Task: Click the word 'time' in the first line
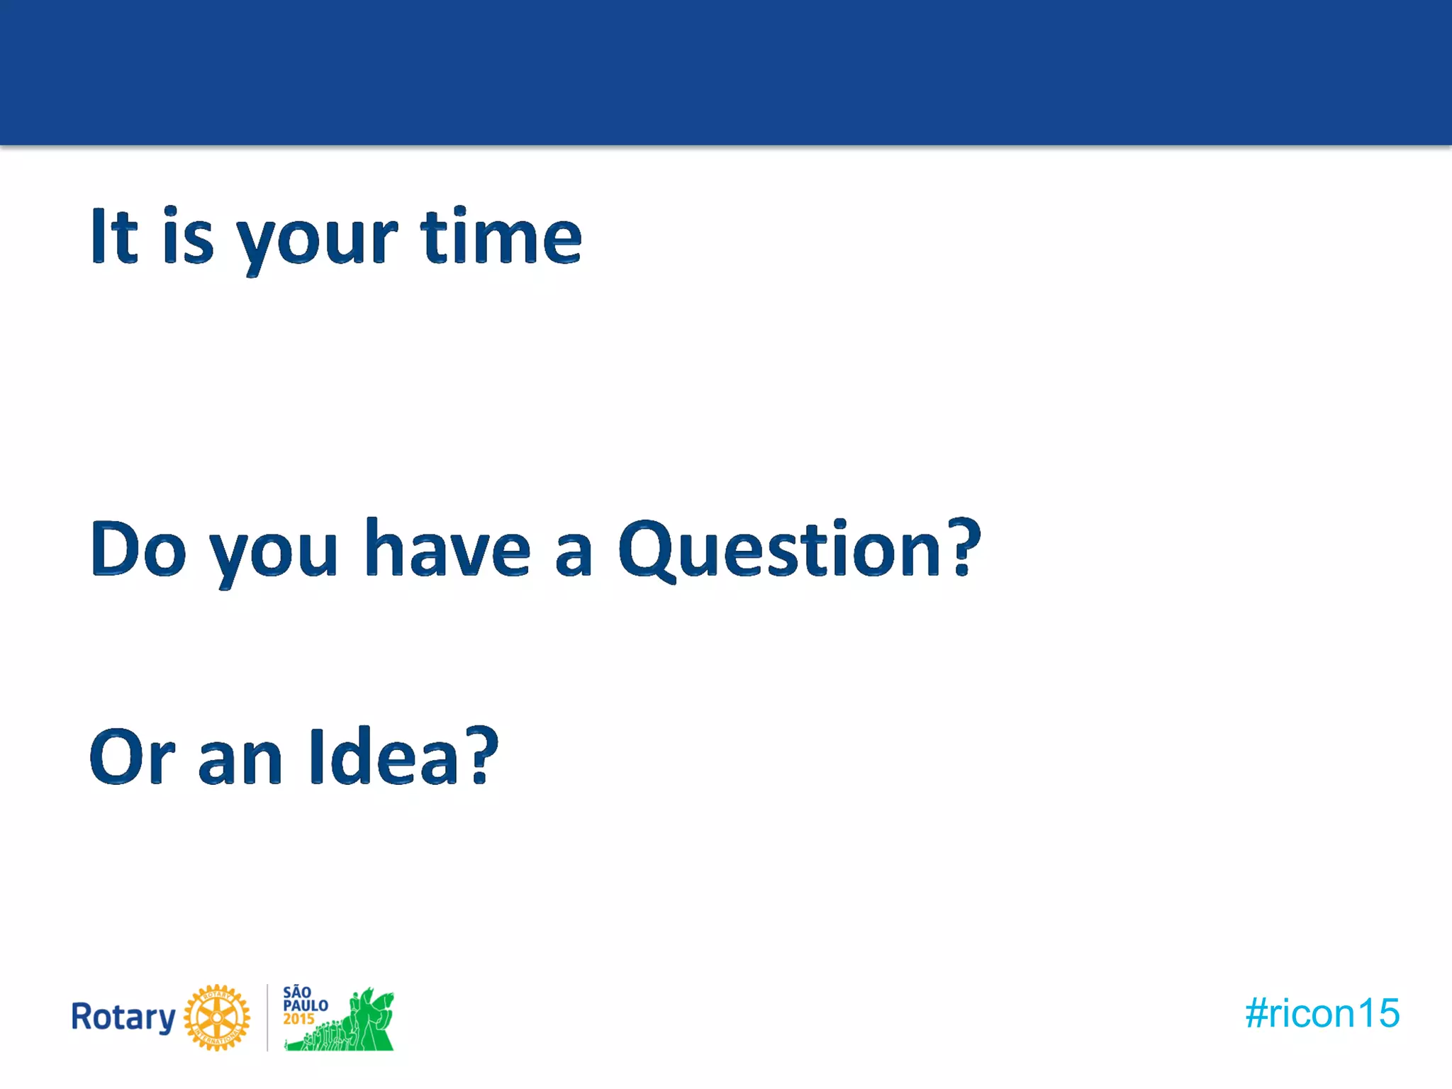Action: (501, 238)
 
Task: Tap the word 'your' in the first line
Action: (317, 241)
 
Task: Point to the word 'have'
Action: (447, 549)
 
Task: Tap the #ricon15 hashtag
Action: (1322, 1013)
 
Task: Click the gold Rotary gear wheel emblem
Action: (217, 1017)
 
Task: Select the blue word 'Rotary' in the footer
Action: (123, 1017)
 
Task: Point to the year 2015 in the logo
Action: (298, 1020)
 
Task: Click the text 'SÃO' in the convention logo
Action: (297, 992)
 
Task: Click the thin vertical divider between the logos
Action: (267, 1017)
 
